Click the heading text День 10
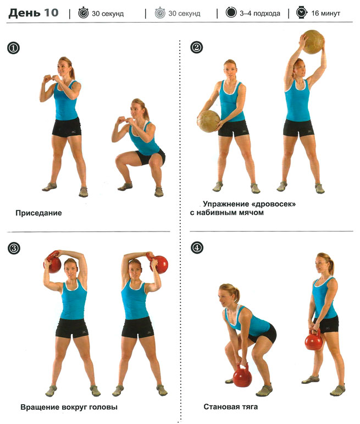34,13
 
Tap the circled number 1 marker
14,48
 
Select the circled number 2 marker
196,47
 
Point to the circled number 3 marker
14,248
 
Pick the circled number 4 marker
197,247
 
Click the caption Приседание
38,213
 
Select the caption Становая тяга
230,407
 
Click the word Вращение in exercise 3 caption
40,407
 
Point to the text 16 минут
326,13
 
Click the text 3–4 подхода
260,13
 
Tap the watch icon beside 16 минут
301,13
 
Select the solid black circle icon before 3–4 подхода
231,13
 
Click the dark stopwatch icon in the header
83,13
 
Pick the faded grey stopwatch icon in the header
160,13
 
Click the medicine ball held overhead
313,42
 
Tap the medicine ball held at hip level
209,121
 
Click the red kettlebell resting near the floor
242,375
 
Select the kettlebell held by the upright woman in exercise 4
313,340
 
